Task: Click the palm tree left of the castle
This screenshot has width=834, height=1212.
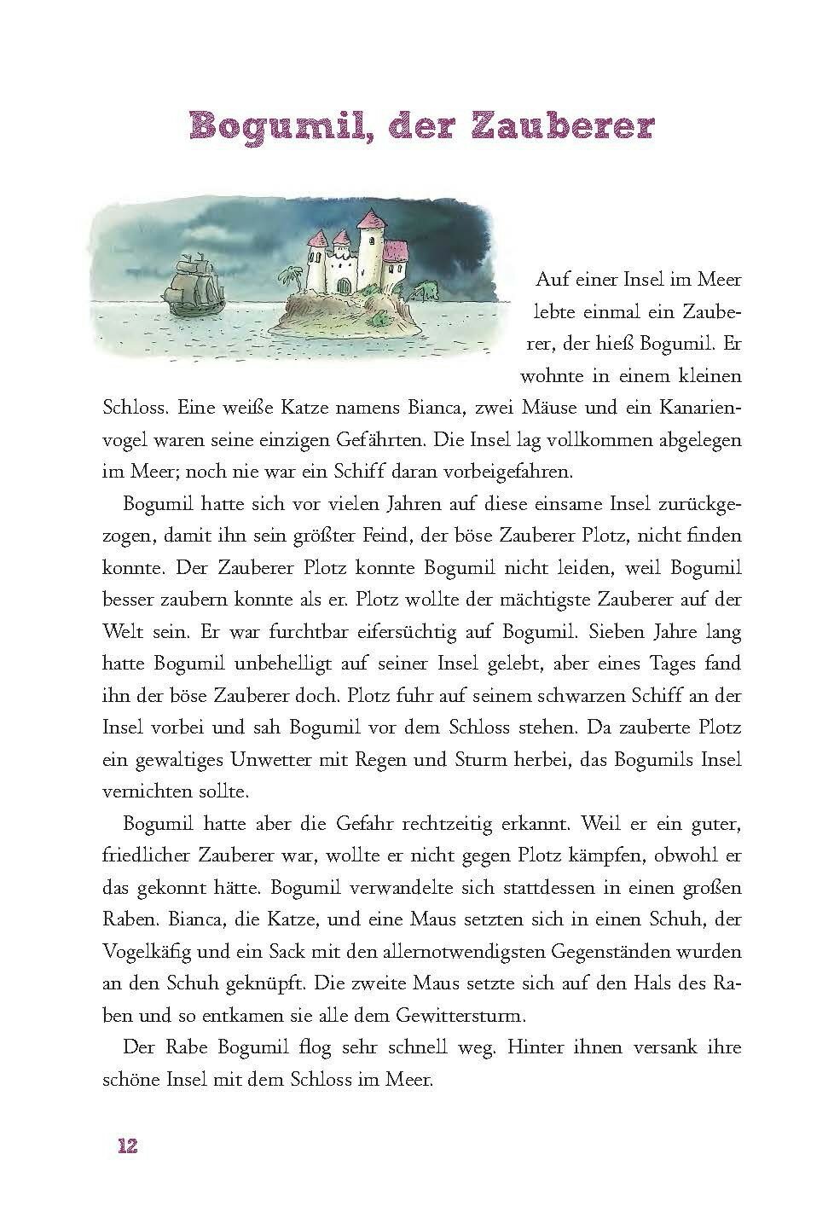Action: [290, 275]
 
